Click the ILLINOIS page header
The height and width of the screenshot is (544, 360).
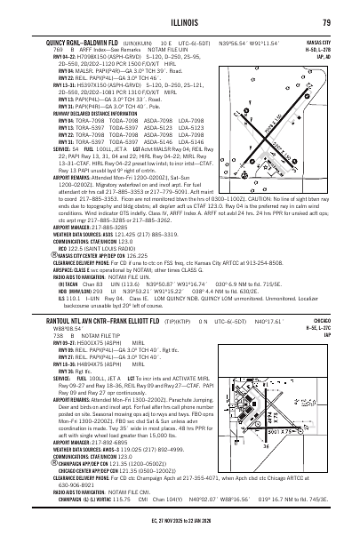pyautogui.click(x=180, y=23)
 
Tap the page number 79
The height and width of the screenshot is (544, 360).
pyautogui.click(x=327, y=23)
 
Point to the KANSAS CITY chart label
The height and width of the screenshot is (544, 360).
pyautogui.click(x=316, y=41)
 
